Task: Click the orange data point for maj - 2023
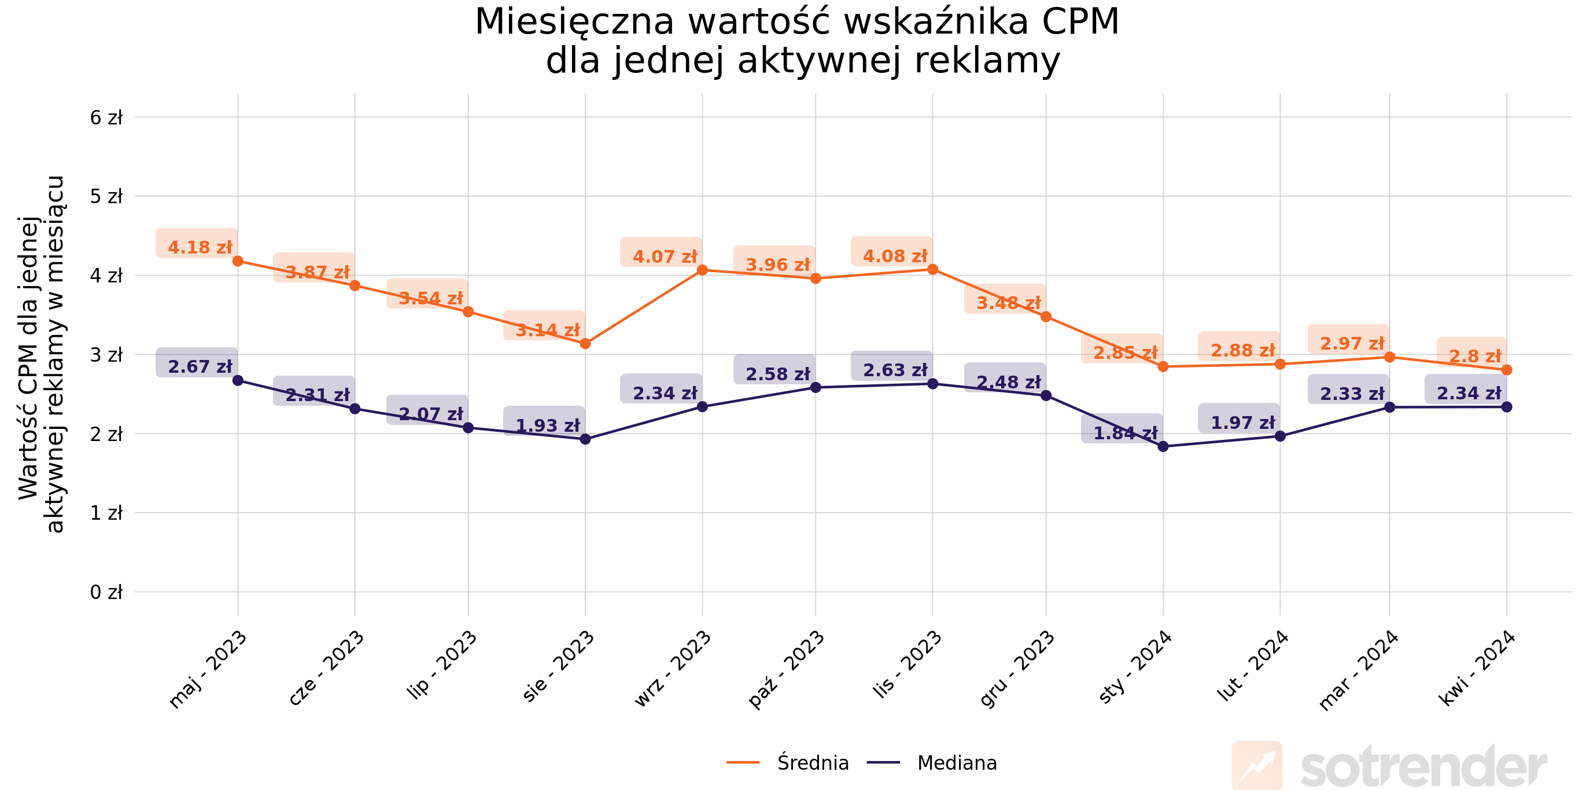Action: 238,261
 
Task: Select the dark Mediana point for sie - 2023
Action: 585,439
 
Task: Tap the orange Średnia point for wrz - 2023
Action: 703,270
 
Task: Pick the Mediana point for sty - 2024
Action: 1163,447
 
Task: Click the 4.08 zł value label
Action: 894,256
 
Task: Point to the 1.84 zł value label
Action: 1125,433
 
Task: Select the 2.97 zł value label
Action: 1352,343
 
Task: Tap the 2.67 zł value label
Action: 200,367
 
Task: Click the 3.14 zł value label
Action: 547,330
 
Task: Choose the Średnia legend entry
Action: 812,763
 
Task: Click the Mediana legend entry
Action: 956,763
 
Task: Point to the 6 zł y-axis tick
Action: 106,117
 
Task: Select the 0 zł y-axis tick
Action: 106,593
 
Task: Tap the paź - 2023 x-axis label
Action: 786,670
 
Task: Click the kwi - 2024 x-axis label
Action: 1477,668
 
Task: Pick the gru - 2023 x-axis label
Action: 1017,670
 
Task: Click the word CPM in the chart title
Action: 1080,22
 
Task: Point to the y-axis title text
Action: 40,355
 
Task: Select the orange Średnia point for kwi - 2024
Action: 1507,370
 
